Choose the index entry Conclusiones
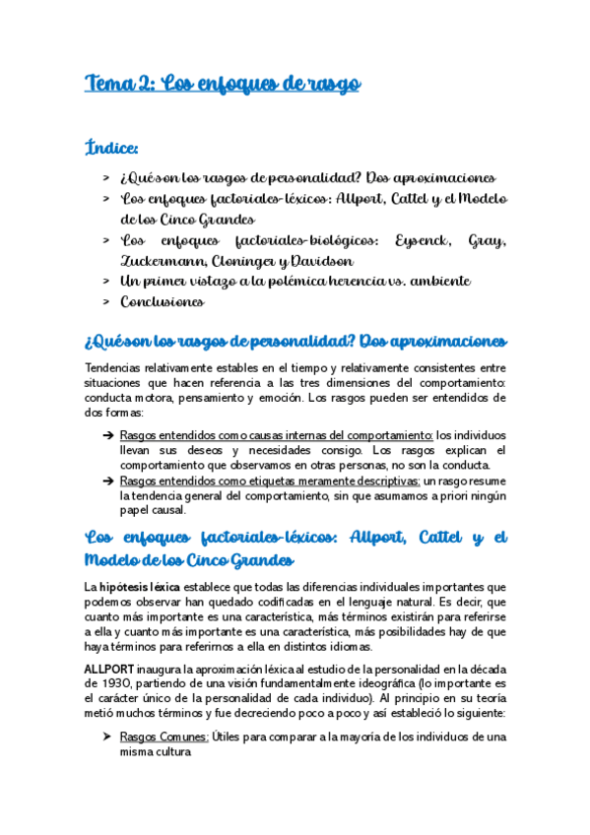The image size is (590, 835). (163, 302)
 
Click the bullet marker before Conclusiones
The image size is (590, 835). (105, 302)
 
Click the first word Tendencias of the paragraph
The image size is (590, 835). (118, 368)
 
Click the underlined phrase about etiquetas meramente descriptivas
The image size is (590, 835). (269, 481)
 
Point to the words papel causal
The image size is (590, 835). (152, 510)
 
